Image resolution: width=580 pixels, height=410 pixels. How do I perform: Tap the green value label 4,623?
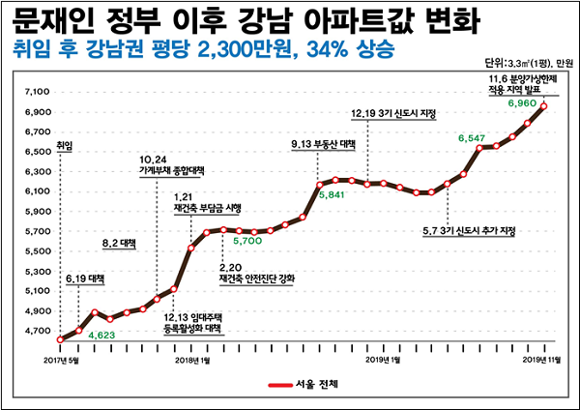[103, 335]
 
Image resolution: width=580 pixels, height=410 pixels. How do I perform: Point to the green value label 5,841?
[333, 193]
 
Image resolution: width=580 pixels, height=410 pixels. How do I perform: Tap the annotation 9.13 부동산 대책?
[323, 144]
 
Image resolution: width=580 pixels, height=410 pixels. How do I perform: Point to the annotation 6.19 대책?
[85, 279]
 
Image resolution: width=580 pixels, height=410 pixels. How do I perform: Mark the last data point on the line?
[545, 106]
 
